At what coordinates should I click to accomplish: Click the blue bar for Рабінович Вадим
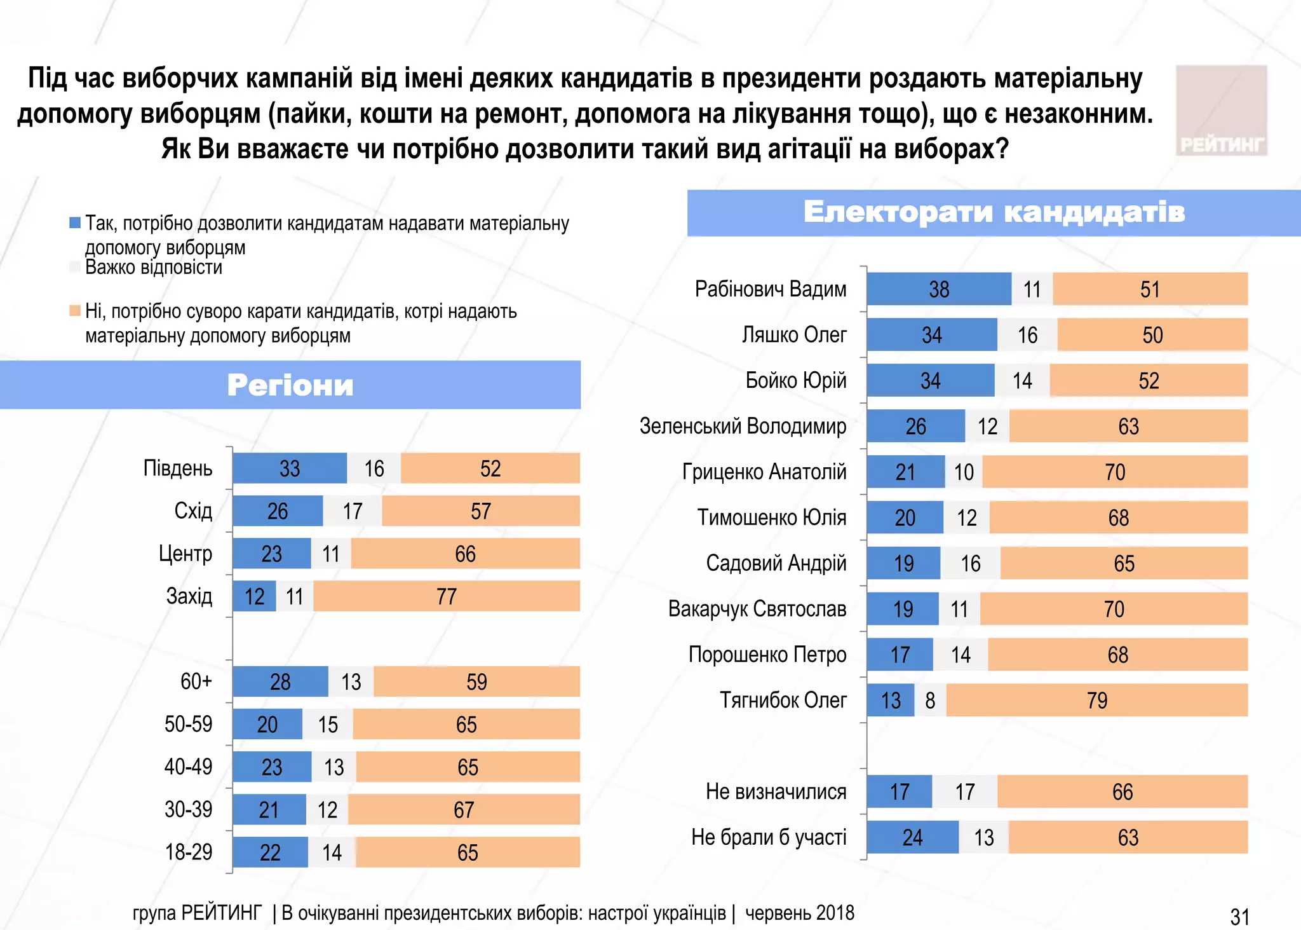938,289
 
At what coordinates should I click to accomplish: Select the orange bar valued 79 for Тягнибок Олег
1096,700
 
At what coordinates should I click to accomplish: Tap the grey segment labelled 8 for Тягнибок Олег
930,700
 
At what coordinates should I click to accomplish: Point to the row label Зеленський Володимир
743,426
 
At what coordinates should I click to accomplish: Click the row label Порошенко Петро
767,654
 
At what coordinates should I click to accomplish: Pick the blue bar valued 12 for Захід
254,596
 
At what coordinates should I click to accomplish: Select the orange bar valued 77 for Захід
446,596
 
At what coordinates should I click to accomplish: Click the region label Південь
178,468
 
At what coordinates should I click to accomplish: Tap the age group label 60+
196,681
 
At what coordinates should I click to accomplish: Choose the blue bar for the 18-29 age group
270,852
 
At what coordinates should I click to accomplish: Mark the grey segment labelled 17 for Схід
353,511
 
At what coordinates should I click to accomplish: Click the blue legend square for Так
75,222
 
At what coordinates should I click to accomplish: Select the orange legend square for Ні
75,311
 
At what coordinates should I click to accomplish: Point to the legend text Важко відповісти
154,268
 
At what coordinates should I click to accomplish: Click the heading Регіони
290,385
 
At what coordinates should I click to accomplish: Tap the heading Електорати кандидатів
994,212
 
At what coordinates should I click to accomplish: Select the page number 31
1239,917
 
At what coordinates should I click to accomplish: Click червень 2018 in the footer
799,913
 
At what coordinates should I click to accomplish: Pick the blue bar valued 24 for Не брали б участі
912,837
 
